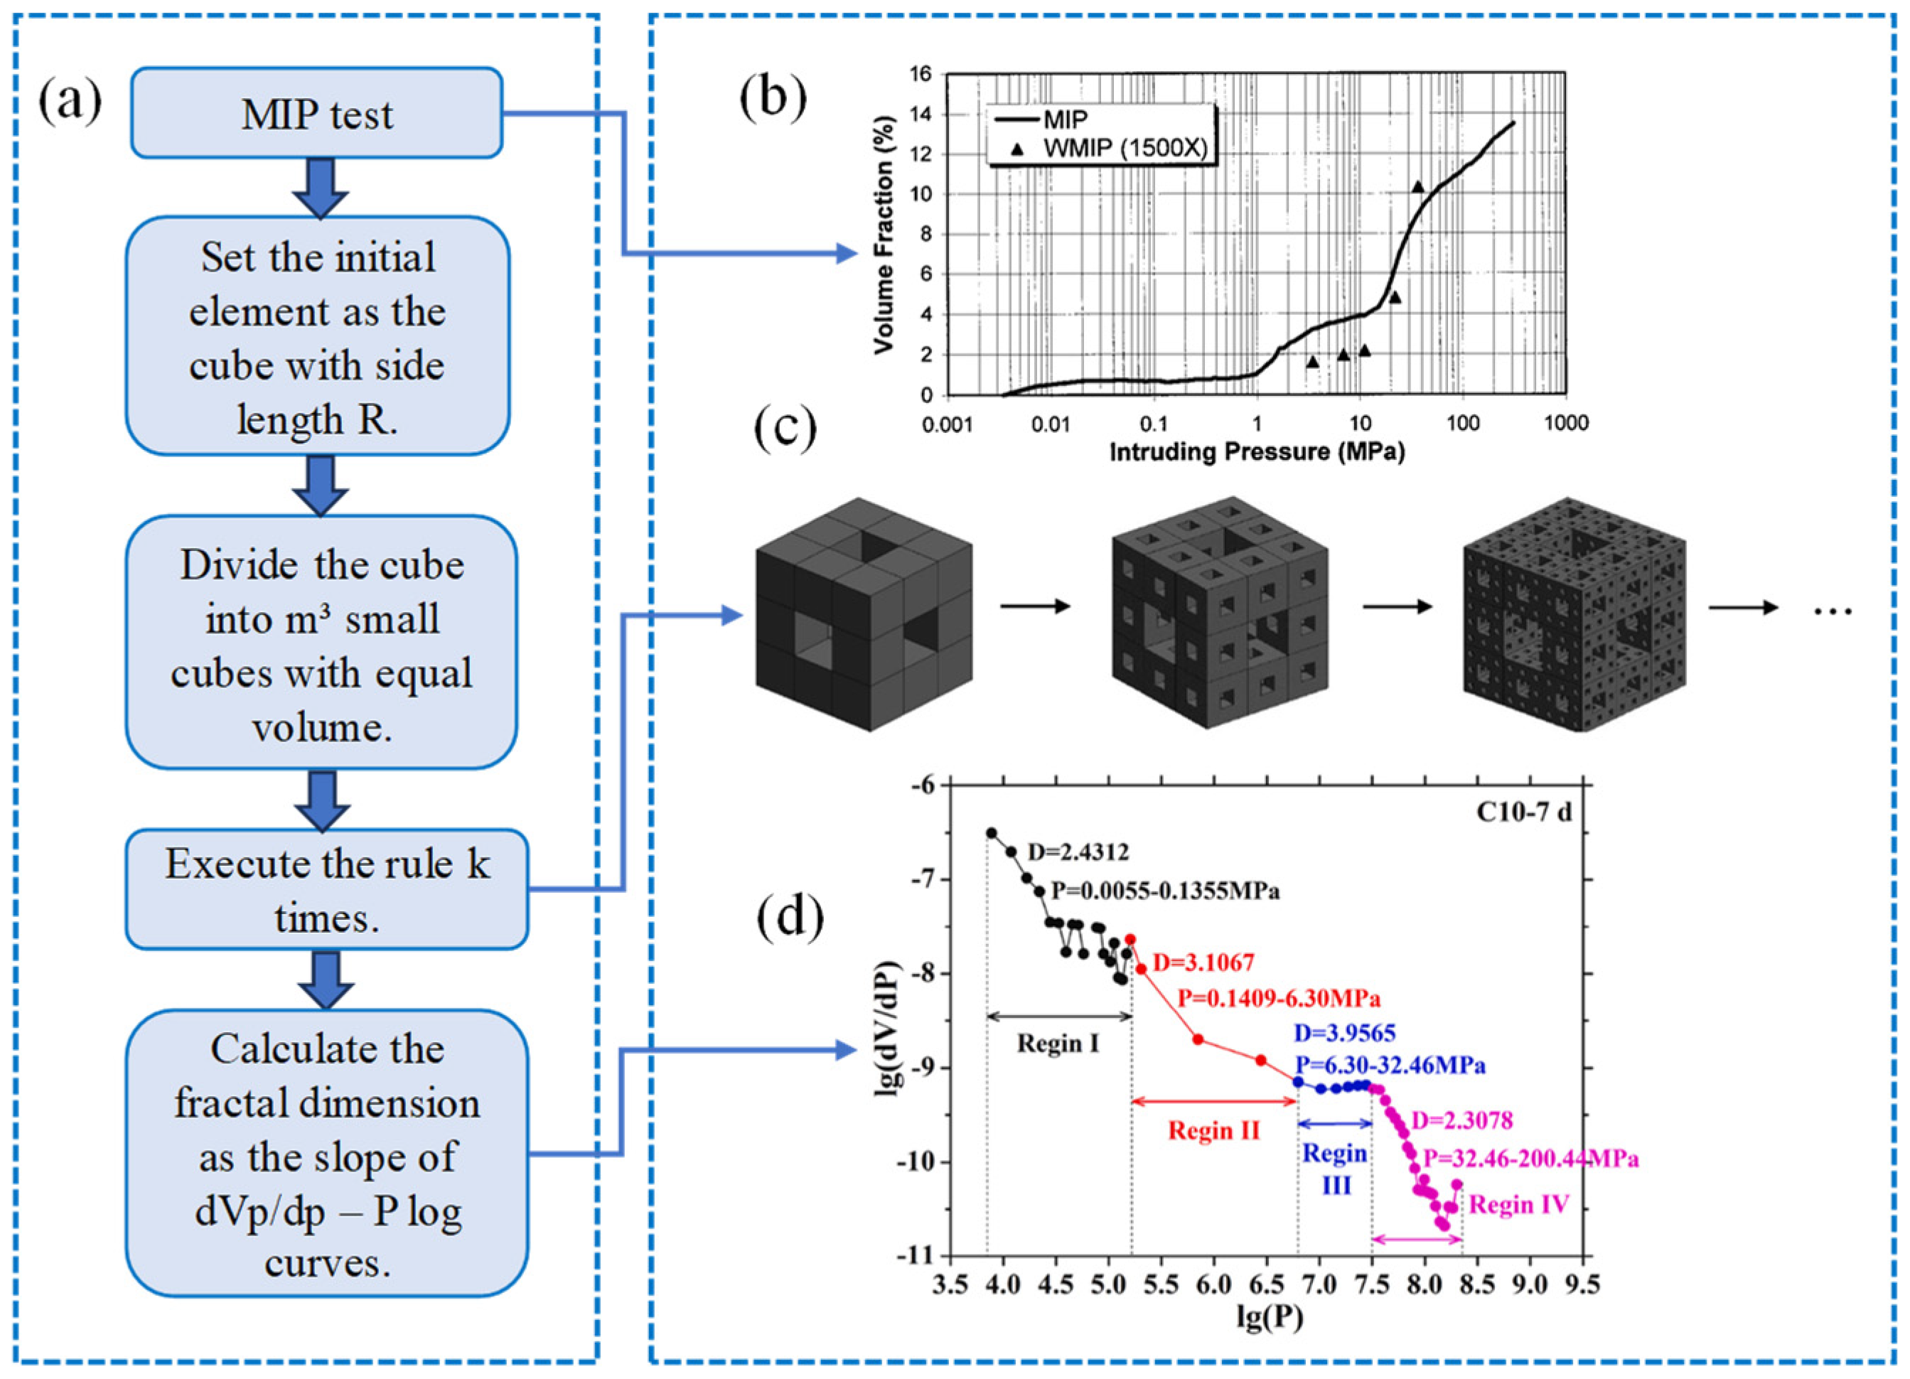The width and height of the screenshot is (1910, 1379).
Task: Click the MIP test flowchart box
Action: pos(316,114)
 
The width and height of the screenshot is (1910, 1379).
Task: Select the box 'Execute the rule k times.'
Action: pos(327,889)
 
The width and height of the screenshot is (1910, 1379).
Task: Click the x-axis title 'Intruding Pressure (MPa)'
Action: pos(1257,452)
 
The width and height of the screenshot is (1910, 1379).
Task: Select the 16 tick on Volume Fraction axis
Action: pos(921,74)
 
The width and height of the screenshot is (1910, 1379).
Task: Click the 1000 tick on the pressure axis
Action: pos(1565,423)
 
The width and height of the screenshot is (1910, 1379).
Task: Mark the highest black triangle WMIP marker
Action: pos(1418,187)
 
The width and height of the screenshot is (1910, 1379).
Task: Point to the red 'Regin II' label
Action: pos(1213,1130)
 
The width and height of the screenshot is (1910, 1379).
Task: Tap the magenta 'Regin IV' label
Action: pos(1519,1206)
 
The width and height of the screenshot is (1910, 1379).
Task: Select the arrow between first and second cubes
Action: pos(1035,606)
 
